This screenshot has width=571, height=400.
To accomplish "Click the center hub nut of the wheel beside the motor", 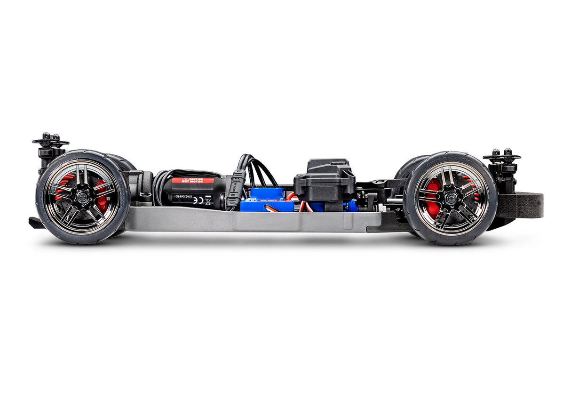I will point(82,197).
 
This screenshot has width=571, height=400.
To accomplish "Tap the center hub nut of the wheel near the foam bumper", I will point(450,198).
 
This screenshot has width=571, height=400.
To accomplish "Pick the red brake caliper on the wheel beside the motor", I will point(102,196).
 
